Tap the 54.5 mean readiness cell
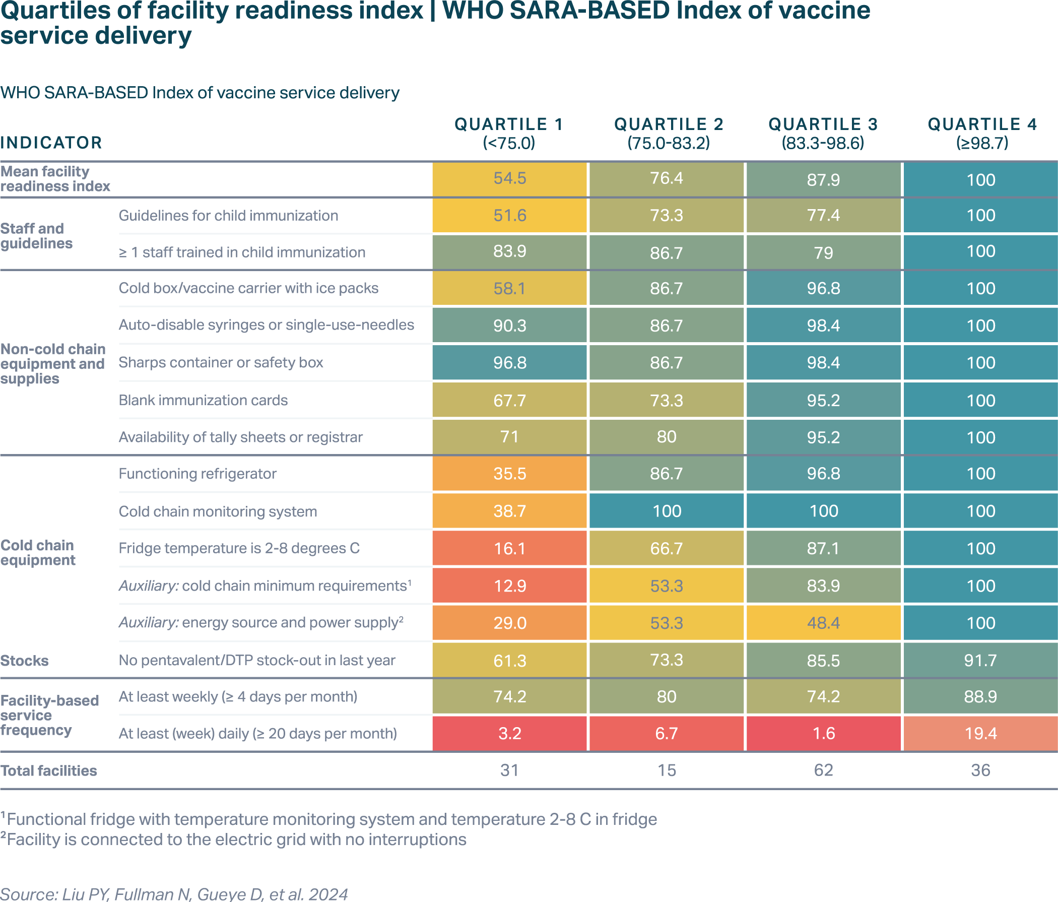pyautogui.click(x=509, y=178)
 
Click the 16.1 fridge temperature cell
pyautogui.click(x=509, y=549)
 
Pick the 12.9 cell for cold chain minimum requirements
pyautogui.click(x=509, y=586)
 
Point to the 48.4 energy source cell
pyautogui.click(x=823, y=623)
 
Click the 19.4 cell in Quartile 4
pyautogui.click(x=980, y=734)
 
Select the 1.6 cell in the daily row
pyautogui.click(x=823, y=734)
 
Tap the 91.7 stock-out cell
pyautogui.click(x=980, y=661)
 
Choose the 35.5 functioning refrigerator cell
pyautogui.click(x=509, y=474)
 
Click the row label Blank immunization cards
pyautogui.click(x=203, y=400)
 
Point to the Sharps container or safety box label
pyautogui.click(x=221, y=363)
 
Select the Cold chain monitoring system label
pyautogui.click(x=218, y=511)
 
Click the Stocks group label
pyautogui.click(x=25, y=661)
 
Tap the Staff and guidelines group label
pyautogui.click(x=36, y=236)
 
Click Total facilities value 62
pyautogui.click(x=823, y=770)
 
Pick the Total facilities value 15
pyautogui.click(x=667, y=770)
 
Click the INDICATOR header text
pyautogui.click(x=51, y=143)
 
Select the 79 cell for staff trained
pyautogui.click(x=823, y=252)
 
